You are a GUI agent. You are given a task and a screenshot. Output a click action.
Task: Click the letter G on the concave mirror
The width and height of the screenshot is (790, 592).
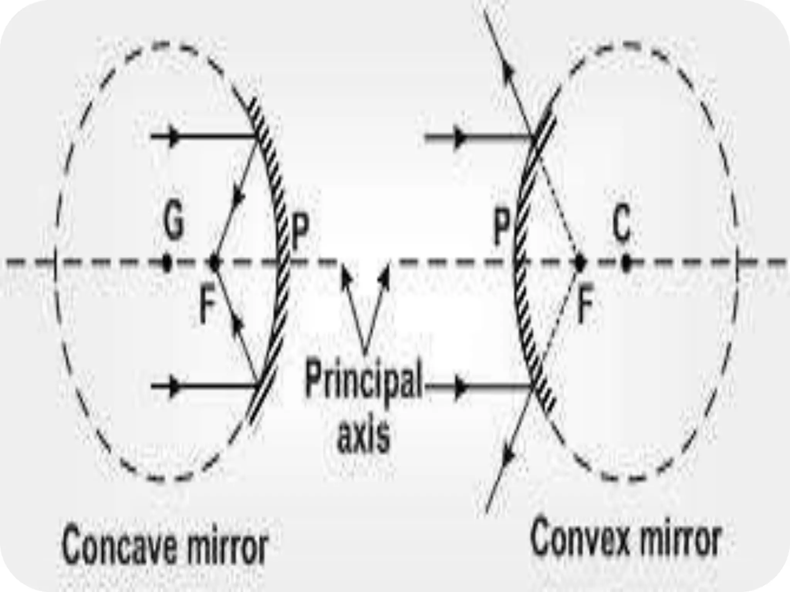[173, 224]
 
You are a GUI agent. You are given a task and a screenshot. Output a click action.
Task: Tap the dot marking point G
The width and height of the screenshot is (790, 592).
[167, 263]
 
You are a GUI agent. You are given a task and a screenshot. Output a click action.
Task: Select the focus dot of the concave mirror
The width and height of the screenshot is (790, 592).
[214, 263]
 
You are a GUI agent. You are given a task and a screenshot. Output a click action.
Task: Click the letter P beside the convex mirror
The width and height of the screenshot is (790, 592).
[502, 230]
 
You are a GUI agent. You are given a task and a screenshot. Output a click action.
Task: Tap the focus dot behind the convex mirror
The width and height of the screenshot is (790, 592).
[579, 263]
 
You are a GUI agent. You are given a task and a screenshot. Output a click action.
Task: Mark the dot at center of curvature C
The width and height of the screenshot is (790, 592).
[626, 263]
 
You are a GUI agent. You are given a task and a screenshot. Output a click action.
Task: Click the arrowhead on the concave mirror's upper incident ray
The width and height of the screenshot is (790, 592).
[175, 136]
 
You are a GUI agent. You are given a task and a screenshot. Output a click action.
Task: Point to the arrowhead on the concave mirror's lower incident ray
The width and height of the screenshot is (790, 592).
[175, 385]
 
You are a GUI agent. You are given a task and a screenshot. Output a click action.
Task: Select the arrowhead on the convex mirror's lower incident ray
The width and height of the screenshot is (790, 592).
[460, 385]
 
